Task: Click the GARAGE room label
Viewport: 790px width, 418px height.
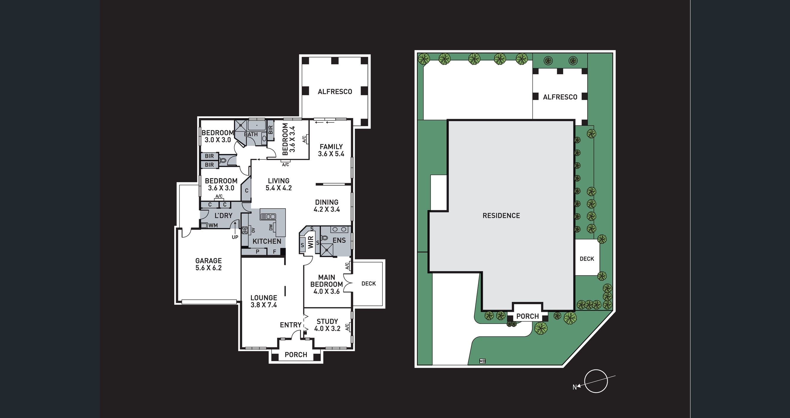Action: pyautogui.click(x=208, y=261)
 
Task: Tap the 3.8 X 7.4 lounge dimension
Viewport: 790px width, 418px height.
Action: pyautogui.click(x=264, y=305)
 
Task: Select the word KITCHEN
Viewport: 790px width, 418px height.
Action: pyautogui.click(x=267, y=241)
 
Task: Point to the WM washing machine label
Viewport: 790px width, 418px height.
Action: pyautogui.click(x=213, y=225)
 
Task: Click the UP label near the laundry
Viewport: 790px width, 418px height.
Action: pyautogui.click(x=235, y=237)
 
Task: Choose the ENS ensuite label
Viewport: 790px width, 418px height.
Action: pyautogui.click(x=339, y=241)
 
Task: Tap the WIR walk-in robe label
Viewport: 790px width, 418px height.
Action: pyautogui.click(x=311, y=242)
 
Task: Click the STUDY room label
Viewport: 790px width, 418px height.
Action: pyautogui.click(x=327, y=321)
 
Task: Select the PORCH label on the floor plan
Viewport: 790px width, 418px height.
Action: pyautogui.click(x=296, y=355)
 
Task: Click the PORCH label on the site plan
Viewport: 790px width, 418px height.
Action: pyautogui.click(x=527, y=316)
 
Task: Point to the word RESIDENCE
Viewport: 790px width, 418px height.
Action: pyautogui.click(x=501, y=216)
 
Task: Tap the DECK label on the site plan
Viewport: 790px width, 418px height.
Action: pyautogui.click(x=587, y=259)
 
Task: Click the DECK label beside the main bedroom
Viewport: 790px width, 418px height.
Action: pyautogui.click(x=368, y=283)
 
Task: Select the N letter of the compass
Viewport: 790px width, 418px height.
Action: pyautogui.click(x=575, y=387)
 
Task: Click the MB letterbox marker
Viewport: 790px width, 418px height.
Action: pyautogui.click(x=482, y=361)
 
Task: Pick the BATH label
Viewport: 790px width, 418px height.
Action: pyautogui.click(x=251, y=134)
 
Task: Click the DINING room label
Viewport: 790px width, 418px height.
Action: pyautogui.click(x=327, y=202)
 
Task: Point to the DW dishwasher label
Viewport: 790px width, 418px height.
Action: pyautogui.click(x=271, y=227)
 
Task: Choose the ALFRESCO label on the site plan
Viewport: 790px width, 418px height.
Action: pyautogui.click(x=560, y=97)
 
